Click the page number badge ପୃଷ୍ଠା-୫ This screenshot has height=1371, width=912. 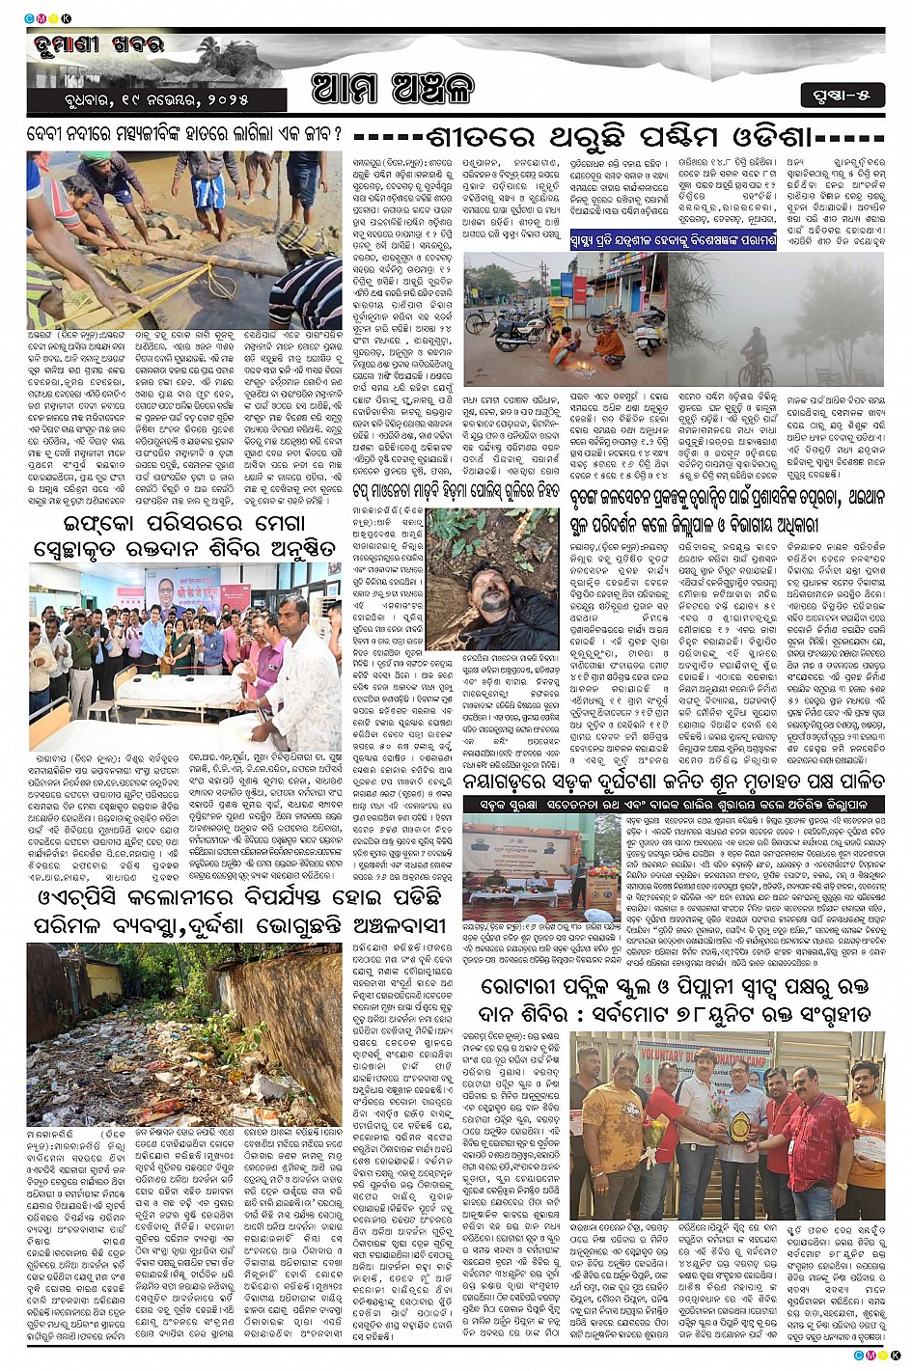click(842, 96)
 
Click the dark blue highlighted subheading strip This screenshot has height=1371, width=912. click(674, 240)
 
